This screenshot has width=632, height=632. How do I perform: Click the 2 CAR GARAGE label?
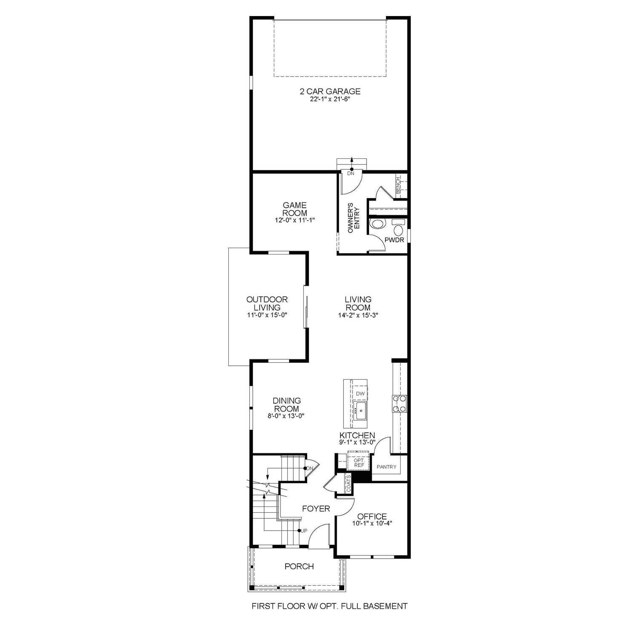coord(330,91)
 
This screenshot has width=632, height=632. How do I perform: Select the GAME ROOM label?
coord(295,209)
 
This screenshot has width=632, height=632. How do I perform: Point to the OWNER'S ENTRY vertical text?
coord(354,218)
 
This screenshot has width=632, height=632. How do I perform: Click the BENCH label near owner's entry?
coord(398,186)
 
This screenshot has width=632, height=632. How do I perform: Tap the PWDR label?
coord(394,240)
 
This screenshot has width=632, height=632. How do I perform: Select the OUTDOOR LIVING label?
coord(267,303)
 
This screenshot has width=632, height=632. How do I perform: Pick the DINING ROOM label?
coord(287,404)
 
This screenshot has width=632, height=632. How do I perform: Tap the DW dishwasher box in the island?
coord(360,394)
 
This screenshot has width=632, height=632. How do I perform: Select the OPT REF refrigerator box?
coord(359,462)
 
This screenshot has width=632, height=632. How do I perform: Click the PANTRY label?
coord(386,467)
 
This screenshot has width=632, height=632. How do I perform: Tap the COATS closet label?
coord(348,483)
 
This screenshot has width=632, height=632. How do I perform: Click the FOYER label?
coord(316,509)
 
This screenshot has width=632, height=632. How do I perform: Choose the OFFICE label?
coord(372,517)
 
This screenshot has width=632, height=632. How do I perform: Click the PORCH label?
coord(299,566)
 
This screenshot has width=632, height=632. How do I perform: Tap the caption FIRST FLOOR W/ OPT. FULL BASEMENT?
coord(329,606)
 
